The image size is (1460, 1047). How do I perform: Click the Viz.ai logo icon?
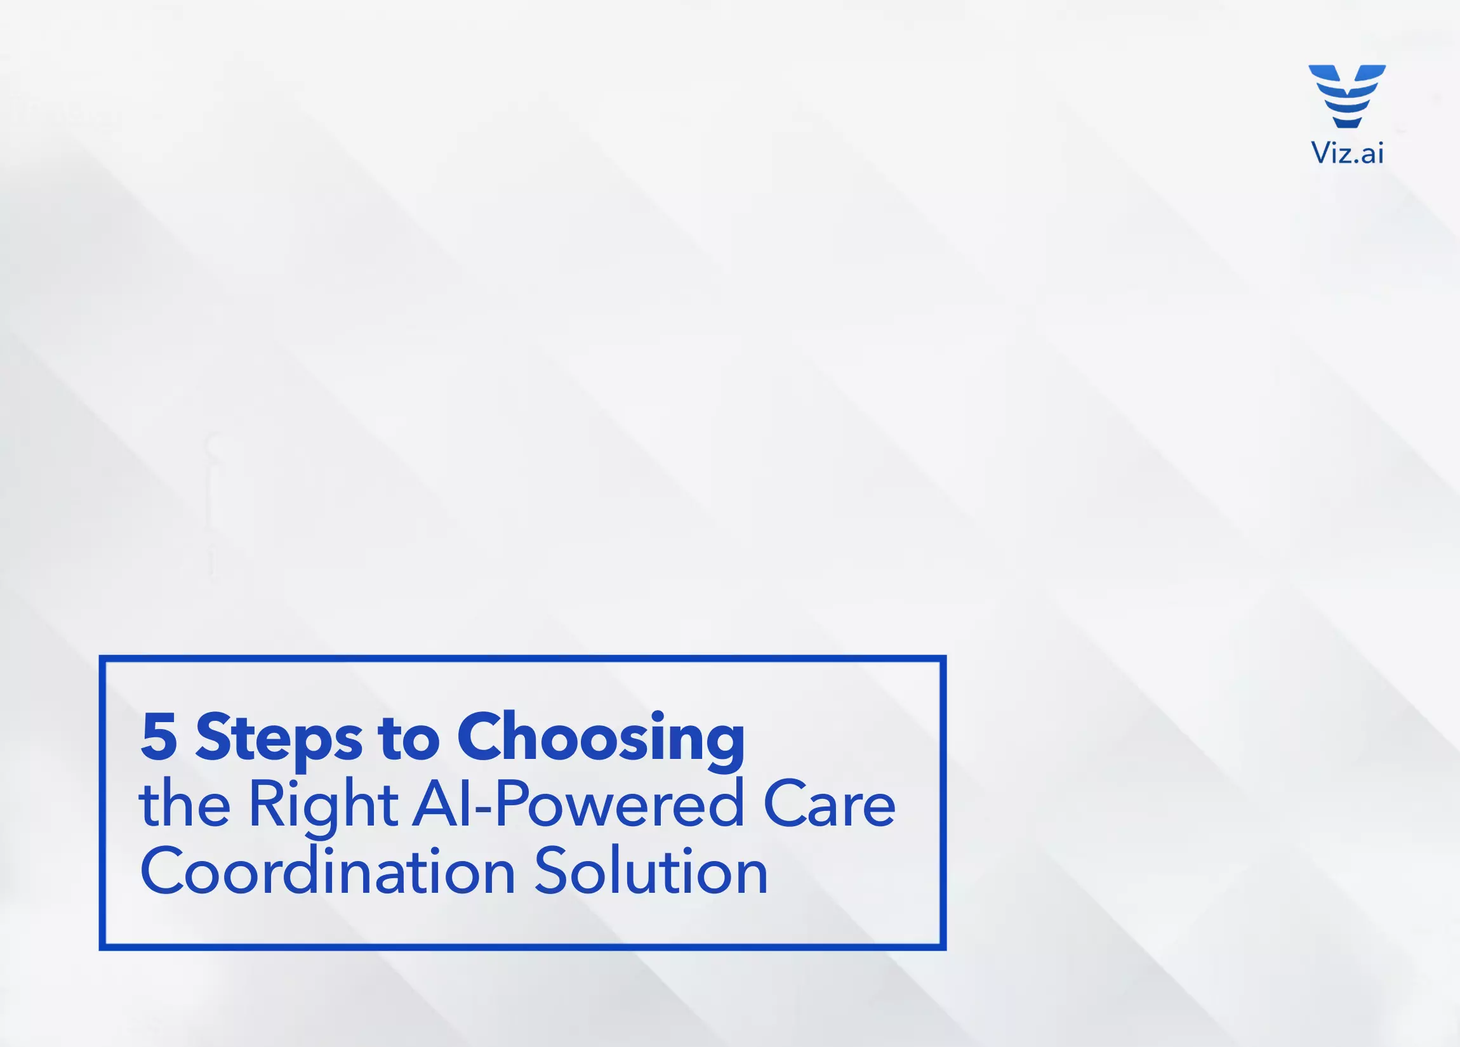point(1347,96)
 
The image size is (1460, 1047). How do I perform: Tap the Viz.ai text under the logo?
point(1347,153)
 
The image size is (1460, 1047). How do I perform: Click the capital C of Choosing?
point(480,735)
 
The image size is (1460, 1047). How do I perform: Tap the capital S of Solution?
point(552,871)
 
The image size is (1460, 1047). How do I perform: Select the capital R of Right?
point(267,803)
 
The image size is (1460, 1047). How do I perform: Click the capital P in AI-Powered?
point(512,803)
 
